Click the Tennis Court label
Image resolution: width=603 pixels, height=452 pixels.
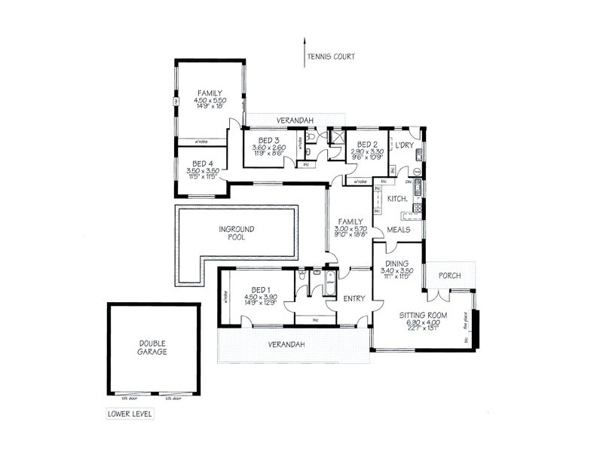coord(330,56)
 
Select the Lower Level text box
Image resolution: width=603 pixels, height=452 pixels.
coord(130,414)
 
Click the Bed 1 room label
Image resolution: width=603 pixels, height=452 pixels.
coord(260,290)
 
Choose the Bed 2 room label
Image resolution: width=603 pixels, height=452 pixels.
coord(366,144)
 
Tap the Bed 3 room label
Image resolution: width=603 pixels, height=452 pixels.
coord(269,141)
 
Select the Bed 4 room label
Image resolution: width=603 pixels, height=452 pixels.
coord(203,163)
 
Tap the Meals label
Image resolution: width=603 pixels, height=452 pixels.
coord(399,229)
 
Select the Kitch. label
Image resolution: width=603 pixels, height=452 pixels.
coord(398,198)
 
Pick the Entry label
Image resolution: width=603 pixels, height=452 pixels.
coord(354,298)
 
